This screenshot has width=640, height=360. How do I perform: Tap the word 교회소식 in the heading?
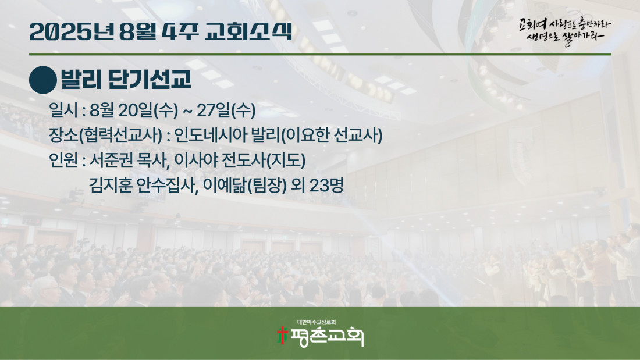tap(248, 31)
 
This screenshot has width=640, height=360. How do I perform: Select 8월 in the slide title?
tap(138, 31)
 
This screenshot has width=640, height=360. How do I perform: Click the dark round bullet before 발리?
tap(43, 80)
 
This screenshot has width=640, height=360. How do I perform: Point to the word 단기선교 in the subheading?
tap(150, 79)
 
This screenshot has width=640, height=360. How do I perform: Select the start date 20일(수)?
tap(148, 110)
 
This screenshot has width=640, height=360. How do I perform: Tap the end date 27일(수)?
tap(226, 110)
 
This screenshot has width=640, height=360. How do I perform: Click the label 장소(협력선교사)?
tap(105, 136)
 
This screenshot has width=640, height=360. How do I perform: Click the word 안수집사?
tap(167, 186)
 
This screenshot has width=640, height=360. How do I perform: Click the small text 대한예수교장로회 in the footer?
tap(317, 322)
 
